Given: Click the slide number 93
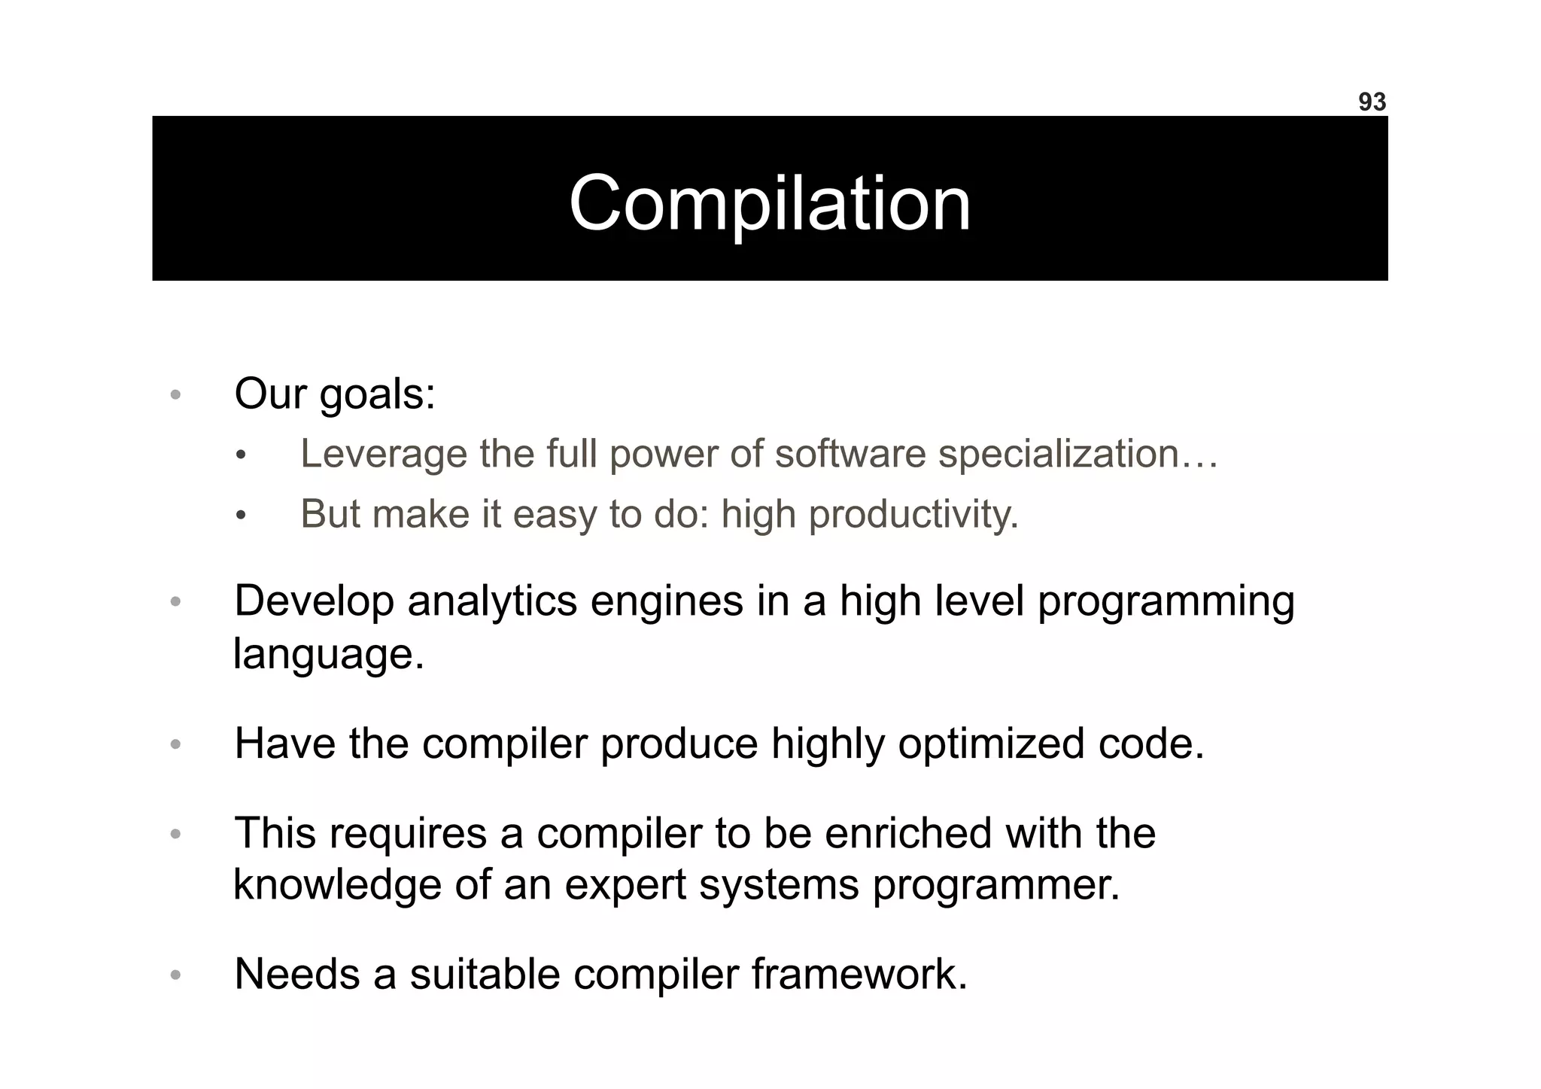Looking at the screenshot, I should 1371,102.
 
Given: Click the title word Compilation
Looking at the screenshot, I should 770,203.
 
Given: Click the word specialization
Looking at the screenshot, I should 1057,454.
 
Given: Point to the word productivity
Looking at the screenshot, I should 913,515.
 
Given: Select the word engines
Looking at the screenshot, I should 666,603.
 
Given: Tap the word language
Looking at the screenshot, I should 328,654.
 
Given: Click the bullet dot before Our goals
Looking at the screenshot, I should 175,395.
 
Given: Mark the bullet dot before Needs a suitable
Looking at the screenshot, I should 175,975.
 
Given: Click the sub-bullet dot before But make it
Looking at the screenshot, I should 240,516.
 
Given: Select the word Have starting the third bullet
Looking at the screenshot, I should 284,744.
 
